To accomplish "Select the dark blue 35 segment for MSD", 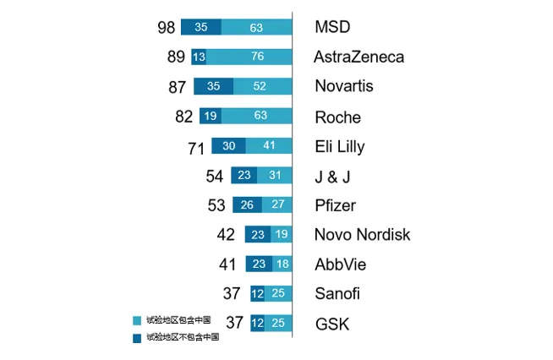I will coord(201,27).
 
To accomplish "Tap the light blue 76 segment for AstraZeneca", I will coord(249,57).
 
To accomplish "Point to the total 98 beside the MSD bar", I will coord(166,27).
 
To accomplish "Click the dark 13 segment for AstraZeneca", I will coord(199,57).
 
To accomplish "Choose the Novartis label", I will coord(343,86).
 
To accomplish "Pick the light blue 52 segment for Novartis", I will coord(262,86).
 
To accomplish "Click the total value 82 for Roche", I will coord(184,117).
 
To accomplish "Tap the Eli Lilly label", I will coord(339,146).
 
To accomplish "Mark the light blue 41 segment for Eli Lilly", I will coord(269,146).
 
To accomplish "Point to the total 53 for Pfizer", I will coord(216,205).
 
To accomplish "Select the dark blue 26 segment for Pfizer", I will coord(247,205).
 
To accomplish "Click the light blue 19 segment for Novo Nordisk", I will coord(281,235).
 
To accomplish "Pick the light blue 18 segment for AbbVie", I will coord(282,265).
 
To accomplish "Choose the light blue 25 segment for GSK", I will coord(279,323).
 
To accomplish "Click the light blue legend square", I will coord(138,320).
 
